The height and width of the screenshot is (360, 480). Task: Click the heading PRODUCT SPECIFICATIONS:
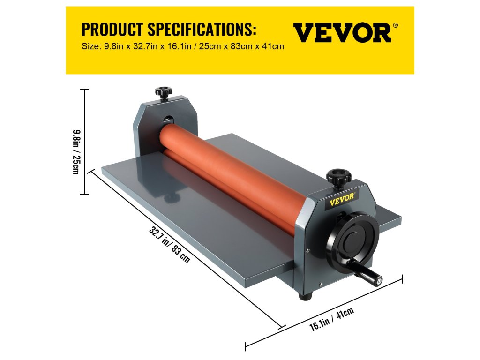click(169, 30)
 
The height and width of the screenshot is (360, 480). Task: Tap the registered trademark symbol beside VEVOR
click(396, 26)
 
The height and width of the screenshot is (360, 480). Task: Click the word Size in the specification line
click(90, 47)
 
